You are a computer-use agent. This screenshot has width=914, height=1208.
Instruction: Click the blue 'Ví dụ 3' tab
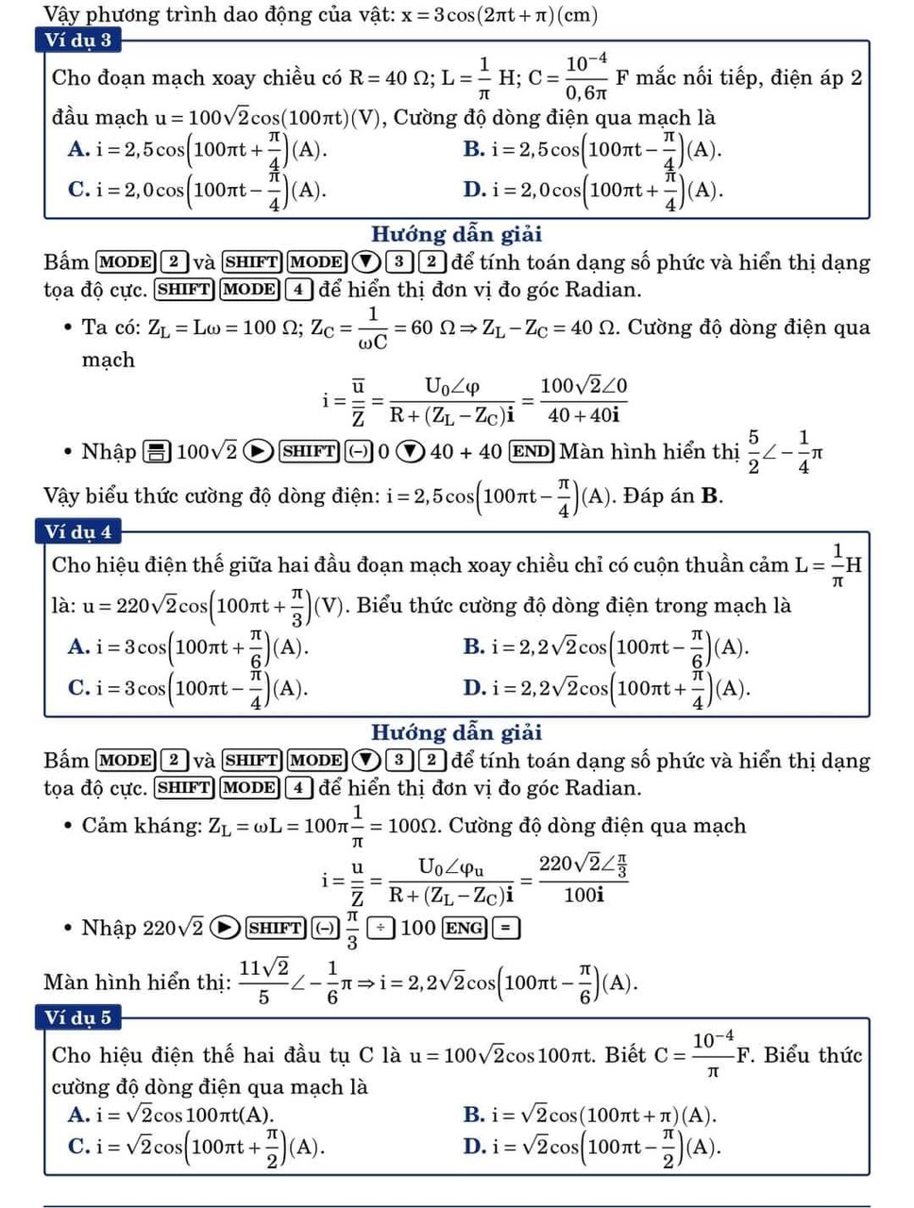point(78,41)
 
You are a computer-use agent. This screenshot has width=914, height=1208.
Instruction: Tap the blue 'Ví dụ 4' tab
point(78,532)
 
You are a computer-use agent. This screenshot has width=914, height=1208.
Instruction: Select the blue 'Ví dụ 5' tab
point(78,1017)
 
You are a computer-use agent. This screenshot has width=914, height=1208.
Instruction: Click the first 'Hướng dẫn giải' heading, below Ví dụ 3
point(456,234)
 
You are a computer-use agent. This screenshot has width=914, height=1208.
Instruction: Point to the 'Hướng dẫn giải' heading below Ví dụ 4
point(456,732)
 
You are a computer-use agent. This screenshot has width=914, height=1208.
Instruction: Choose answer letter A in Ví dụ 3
point(78,149)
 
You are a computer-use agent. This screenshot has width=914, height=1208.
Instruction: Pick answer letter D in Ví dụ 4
point(474,688)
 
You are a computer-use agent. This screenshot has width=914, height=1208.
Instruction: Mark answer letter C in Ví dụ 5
point(78,1147)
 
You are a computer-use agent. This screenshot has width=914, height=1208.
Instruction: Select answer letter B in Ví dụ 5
point(474,1115)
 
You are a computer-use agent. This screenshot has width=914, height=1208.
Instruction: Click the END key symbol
point(531,451)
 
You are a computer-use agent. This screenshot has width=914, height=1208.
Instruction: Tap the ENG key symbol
point(465,928)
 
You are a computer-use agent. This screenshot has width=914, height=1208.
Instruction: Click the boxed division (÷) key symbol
point(381,928)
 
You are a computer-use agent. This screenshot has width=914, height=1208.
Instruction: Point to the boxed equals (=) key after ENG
point(505,928)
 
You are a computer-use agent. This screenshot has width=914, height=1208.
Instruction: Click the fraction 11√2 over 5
point(264,981)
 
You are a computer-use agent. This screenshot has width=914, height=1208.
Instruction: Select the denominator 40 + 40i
point(584,414)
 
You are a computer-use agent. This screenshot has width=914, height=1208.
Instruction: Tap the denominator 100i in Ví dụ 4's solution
point(584,895)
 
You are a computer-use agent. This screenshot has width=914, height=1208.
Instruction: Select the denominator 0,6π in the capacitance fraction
point(585,93)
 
